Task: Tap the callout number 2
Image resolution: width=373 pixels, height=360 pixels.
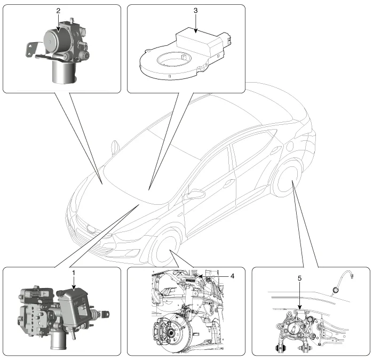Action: [59, 10]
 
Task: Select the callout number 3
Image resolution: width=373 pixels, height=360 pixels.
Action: [196, 10]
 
